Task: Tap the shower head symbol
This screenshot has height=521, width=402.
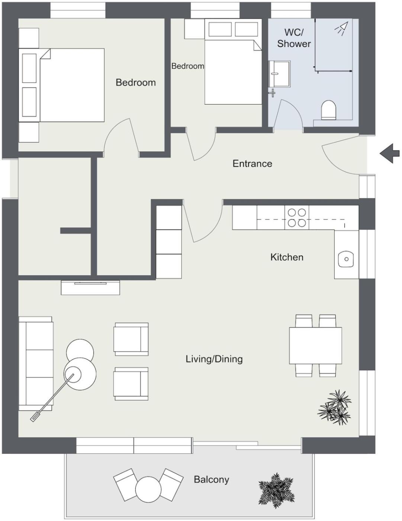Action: click(341, 28)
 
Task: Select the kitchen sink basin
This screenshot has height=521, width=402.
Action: click(346, 259)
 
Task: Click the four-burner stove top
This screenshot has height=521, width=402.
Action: click(297, 218)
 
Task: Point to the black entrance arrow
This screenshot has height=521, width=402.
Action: click(390, 153)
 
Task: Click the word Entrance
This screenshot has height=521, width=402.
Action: click(252, 163)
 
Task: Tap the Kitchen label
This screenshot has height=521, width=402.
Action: click(287, 257)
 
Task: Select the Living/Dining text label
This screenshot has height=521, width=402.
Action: click(214, 359)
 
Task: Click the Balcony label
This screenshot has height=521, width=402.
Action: click(211, 479)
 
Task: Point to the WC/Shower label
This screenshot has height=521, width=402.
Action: click(294, 38)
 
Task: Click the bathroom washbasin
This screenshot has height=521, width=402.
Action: click(279, 74)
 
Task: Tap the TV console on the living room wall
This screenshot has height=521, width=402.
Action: click(90, 287)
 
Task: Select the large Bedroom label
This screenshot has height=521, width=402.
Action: click(136, 83)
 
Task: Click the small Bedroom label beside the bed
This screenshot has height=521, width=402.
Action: click(187, 66)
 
